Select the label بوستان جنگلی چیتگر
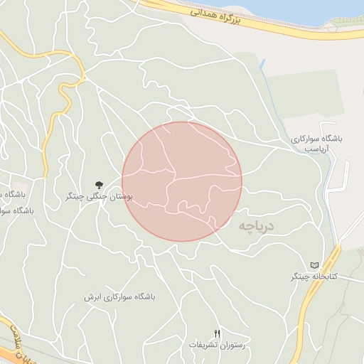coord(104,196)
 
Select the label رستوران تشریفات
coord(216,345)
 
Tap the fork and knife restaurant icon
coord(218,333)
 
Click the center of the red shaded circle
coord(182,181)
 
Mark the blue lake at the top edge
coord(313,9)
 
